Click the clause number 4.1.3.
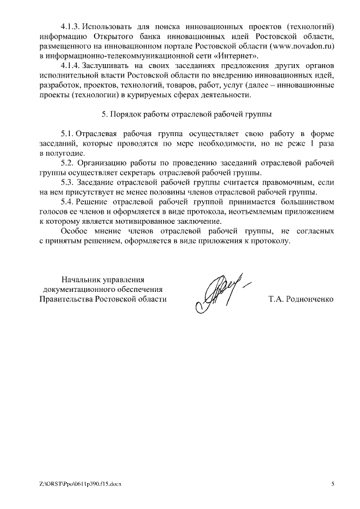tap(71, 26)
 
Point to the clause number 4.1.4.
tap(71, 66)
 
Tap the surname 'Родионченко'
tap(309, 299)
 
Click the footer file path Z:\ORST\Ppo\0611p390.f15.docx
tap(80, 484)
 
